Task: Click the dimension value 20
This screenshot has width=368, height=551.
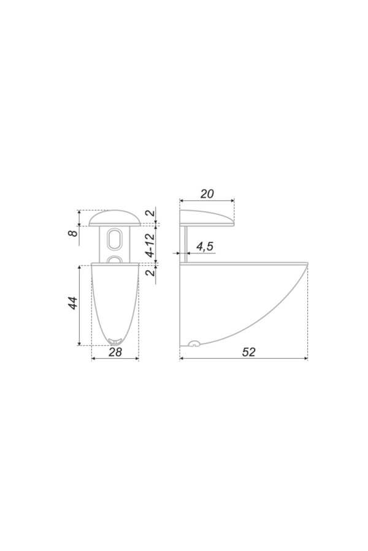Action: click(x=207, y=193)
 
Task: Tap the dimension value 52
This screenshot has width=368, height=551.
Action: click(x=248, y=351)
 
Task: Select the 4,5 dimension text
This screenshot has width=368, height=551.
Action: click(x=205, y=246)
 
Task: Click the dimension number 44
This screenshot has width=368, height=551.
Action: click(x=72, y=303)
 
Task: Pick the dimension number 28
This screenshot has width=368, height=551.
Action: click(x=115, y=352)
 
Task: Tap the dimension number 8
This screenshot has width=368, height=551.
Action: click(x=73, y=233)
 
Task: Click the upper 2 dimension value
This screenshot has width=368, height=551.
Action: click(x=150, y=212)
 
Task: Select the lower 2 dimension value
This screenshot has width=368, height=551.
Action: click(x=150, y=271)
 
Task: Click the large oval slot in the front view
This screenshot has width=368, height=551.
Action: click(x=115, y=241)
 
